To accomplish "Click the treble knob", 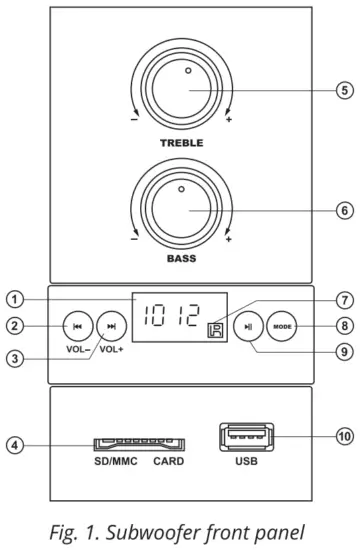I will click(x=181, y=89).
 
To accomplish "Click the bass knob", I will click(x=181, y=213).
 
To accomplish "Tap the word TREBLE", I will click(x=181, y=144).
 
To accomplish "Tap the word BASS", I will click(x=181, y=257).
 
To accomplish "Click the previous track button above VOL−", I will click(x=77, y=326).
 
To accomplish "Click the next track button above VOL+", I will click(x=112, y=326).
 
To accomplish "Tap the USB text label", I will click(x=246, y=462).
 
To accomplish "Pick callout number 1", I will click(x=14, y=298).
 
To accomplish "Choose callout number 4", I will click(x=14, y=442).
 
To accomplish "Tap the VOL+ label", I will click(x=112, y=350).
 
